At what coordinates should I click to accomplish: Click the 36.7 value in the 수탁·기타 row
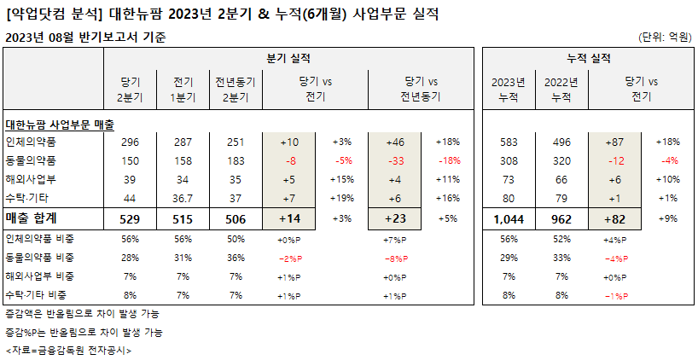(183, 199)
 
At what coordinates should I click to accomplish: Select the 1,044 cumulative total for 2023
(509, 219)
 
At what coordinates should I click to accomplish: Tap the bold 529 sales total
(130, 219)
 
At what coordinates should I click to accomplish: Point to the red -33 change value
(395, 161)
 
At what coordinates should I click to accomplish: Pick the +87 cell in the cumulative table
(614, 142)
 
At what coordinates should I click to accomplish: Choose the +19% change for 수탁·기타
(342, 198)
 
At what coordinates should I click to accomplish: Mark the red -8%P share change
(395, 258)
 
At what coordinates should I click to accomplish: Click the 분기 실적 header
(288, 58)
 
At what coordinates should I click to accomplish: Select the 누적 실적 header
(589, 58)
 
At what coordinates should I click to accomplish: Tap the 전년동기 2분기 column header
(236, 90)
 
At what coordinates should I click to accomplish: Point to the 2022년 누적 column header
(561, 90)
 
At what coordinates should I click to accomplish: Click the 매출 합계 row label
(32, 218)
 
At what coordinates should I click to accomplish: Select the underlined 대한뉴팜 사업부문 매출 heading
(60, 125)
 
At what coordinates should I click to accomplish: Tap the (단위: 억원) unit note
(666, 37)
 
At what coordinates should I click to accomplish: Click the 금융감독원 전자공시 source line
(68, 351)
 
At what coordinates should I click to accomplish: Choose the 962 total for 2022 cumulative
(561, 219)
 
